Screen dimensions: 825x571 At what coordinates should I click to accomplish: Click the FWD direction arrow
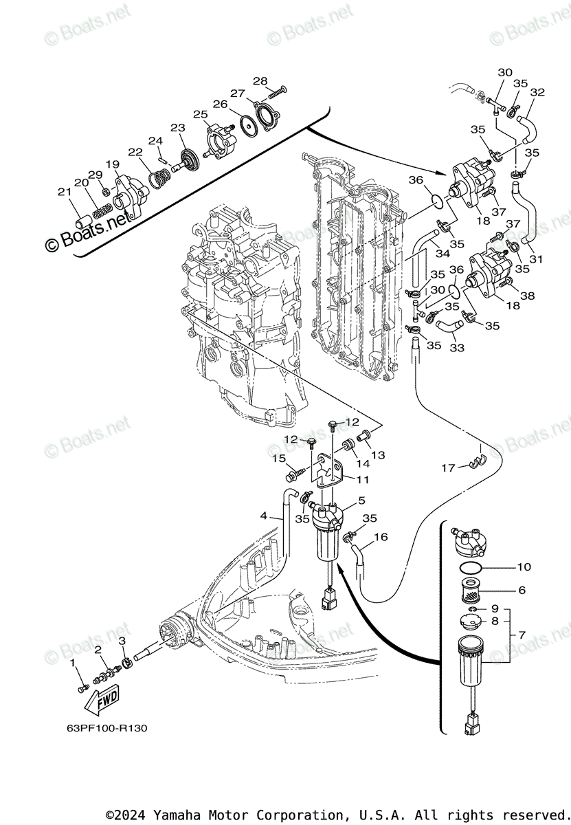tap(101, 701)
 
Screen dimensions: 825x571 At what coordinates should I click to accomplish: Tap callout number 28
tap(260, 80)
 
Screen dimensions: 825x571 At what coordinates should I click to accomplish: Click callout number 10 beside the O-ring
tap(524, 567)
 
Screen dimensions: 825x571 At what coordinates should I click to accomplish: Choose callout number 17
tap(448, 467)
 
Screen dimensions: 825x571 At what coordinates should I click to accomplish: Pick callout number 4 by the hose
tap(263, 516)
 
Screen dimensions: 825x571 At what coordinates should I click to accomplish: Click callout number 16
tap(381, 537)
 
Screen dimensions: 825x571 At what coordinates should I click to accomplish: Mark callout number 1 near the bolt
tap(73, 663)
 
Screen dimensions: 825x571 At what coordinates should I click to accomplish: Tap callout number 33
tap(457, 348)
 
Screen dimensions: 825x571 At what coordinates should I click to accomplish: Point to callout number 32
tap(537, 92)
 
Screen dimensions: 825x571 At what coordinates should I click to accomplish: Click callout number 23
tap(178, 128)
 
